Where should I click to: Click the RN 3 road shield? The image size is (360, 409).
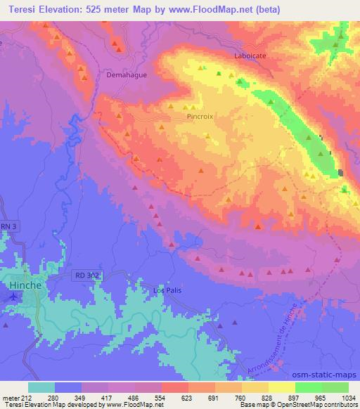point(8,226)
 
